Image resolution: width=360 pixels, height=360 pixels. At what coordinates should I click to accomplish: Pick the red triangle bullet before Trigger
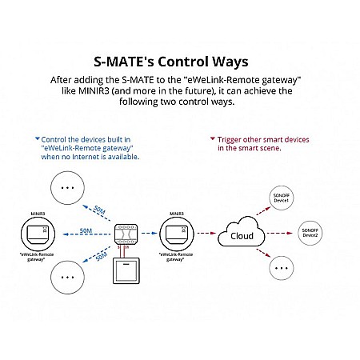[210, 139]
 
